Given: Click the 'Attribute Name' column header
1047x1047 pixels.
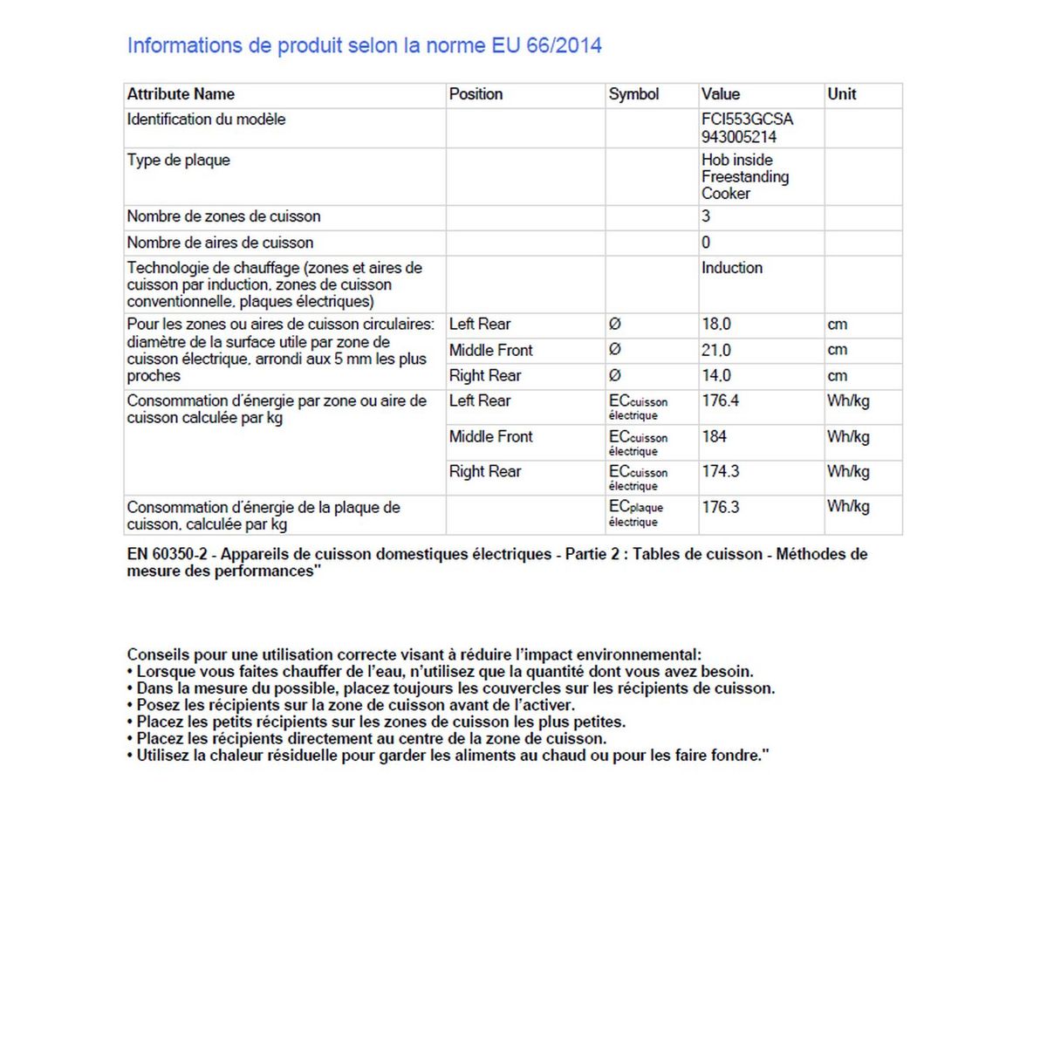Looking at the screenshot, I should point(181,94).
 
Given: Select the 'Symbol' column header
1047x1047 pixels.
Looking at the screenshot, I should point(633,94).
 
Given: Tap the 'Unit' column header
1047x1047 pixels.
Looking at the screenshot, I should point(841,94).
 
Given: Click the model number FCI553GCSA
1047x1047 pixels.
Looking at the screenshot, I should point(747,120).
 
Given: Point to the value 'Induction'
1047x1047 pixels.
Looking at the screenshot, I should point(731,268).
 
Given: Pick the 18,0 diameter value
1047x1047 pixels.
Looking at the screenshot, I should point(716,325).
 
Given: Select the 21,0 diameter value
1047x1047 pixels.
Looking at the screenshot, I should point(716,350).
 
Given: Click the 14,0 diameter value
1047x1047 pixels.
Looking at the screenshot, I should point(716,376).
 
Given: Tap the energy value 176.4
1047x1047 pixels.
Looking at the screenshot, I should point(720,401).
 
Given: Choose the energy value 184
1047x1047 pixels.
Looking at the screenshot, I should point(714,436).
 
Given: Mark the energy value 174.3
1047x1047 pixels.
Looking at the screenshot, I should point(720,471).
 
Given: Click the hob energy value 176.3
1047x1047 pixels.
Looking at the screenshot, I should point(720,507).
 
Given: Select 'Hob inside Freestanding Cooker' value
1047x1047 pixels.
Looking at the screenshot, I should point(744,176).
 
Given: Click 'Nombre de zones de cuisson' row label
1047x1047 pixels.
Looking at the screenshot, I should point(223,216).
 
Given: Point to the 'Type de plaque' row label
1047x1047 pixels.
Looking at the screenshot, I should point(178,161).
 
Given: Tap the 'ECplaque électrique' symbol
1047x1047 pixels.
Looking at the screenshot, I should point(635,514).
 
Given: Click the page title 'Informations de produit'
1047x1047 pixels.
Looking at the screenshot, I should point(364,45).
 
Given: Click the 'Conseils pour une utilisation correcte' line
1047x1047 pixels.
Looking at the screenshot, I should point(414,654).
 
